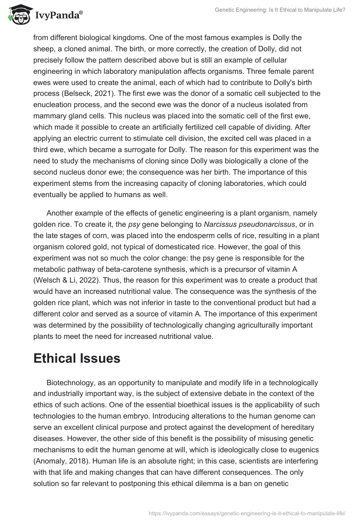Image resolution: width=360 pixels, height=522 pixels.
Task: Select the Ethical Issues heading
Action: [76, 358]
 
